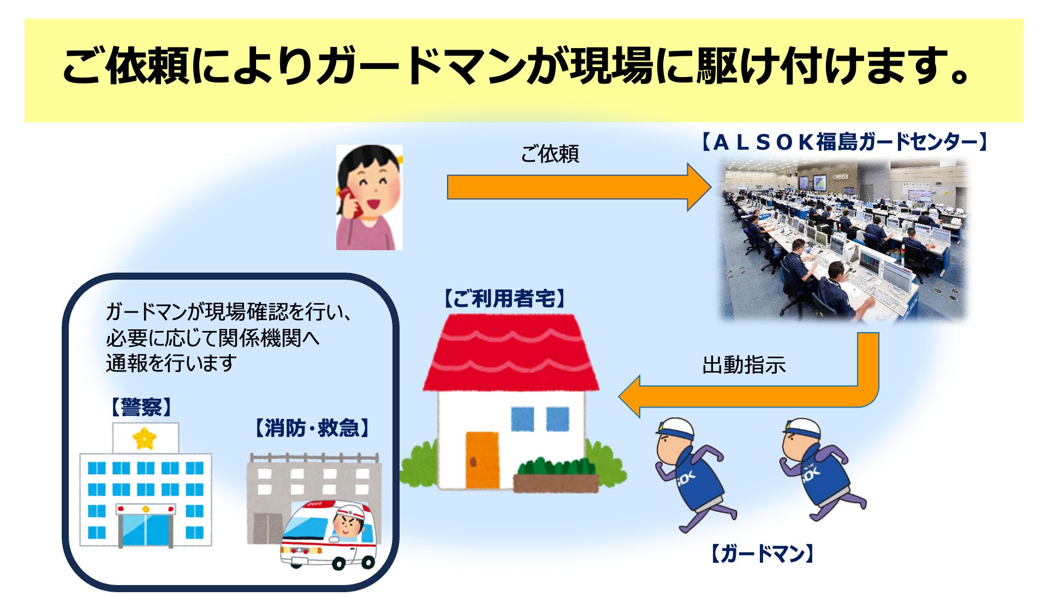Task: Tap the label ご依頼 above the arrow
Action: [x=549, y=154]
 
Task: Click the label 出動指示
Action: [x=743, y=365]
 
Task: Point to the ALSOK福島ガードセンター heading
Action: [x=844, y=142]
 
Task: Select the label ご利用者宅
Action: [x=504, y=299]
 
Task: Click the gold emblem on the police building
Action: [x=145, y=438]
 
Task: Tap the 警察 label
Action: [x=141, y=407]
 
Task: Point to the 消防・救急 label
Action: [x=312, y=428]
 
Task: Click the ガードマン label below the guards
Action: [x=762, y=554]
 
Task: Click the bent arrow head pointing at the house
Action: [x=631, y=397]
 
